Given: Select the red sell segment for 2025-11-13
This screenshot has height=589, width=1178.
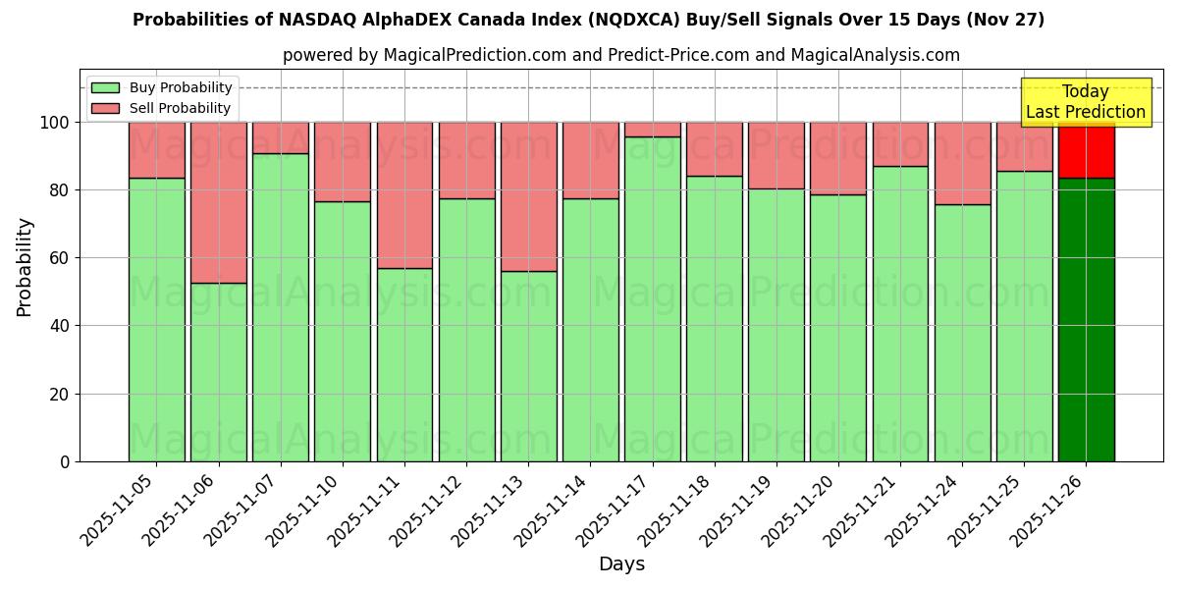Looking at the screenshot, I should [x=528, y=196].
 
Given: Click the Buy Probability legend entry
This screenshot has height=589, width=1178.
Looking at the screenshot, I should [x=162, y=88].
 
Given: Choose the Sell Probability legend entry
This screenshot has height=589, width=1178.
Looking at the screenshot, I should [x=162, y=109].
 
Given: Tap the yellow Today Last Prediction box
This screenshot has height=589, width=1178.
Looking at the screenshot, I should [x=1085, y=102].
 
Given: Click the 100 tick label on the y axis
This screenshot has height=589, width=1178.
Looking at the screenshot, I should [x=54, y=123].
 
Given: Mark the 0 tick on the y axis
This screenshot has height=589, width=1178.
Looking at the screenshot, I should [x=65, y=461].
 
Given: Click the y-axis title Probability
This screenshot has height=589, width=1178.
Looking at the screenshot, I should [x=25, y=267].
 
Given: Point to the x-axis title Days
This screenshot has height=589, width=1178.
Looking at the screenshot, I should [x=621, y=564].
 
